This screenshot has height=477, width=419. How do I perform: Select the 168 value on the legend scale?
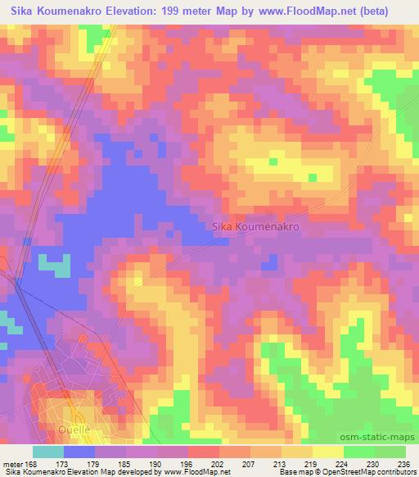[x=31, y=463]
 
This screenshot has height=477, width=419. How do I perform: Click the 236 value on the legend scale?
[x=402, y=463]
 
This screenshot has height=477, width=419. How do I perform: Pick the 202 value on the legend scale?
[x=217, y=463]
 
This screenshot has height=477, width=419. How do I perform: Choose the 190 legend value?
[x=155, y=463]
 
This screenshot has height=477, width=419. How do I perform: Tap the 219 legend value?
[x=310, y=463]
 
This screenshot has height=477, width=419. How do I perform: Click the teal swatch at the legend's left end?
[x=48, y=452]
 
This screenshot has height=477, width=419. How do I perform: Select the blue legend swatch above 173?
[x=79, y=452]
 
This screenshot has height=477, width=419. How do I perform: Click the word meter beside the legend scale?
[x=11, y=463]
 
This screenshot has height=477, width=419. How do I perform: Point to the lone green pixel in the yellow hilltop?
[x=312, y=176]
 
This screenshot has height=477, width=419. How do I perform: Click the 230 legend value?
[x=372, y=463]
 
